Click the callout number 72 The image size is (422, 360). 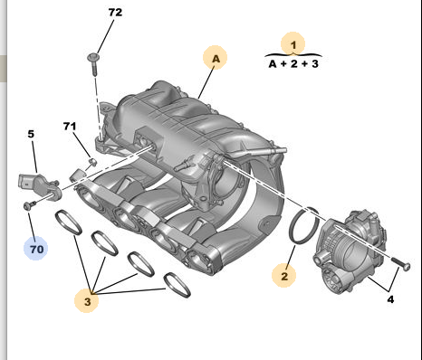115,13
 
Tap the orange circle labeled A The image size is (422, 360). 215,58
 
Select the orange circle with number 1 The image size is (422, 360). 293,44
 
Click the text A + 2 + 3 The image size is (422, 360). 293,64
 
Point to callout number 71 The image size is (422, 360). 70,126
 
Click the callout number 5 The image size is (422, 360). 31,134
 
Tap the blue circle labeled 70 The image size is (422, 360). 36,249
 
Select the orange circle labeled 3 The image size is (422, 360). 87,300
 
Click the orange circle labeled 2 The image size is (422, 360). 283,275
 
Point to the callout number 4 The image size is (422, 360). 390,299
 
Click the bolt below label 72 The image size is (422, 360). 94,64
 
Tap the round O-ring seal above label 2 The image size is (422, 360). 303,225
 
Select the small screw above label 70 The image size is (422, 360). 30,205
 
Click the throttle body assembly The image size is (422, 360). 350,251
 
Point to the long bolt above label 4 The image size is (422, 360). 400,263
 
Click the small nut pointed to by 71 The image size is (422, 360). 93,162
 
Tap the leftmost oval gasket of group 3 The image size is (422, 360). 69,223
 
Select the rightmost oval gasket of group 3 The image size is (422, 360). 177,285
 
